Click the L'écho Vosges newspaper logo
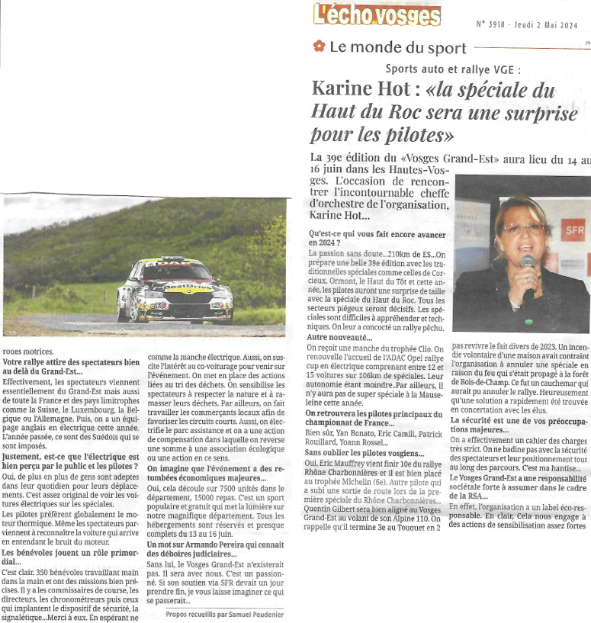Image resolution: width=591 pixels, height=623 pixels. [377, 15]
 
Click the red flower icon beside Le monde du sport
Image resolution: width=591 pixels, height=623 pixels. [320, 47]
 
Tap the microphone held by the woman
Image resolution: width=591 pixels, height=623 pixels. [527, 263]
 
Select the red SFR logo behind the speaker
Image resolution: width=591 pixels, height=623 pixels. [574, 227]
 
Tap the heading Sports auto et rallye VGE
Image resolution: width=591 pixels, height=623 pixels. [453, 69]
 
